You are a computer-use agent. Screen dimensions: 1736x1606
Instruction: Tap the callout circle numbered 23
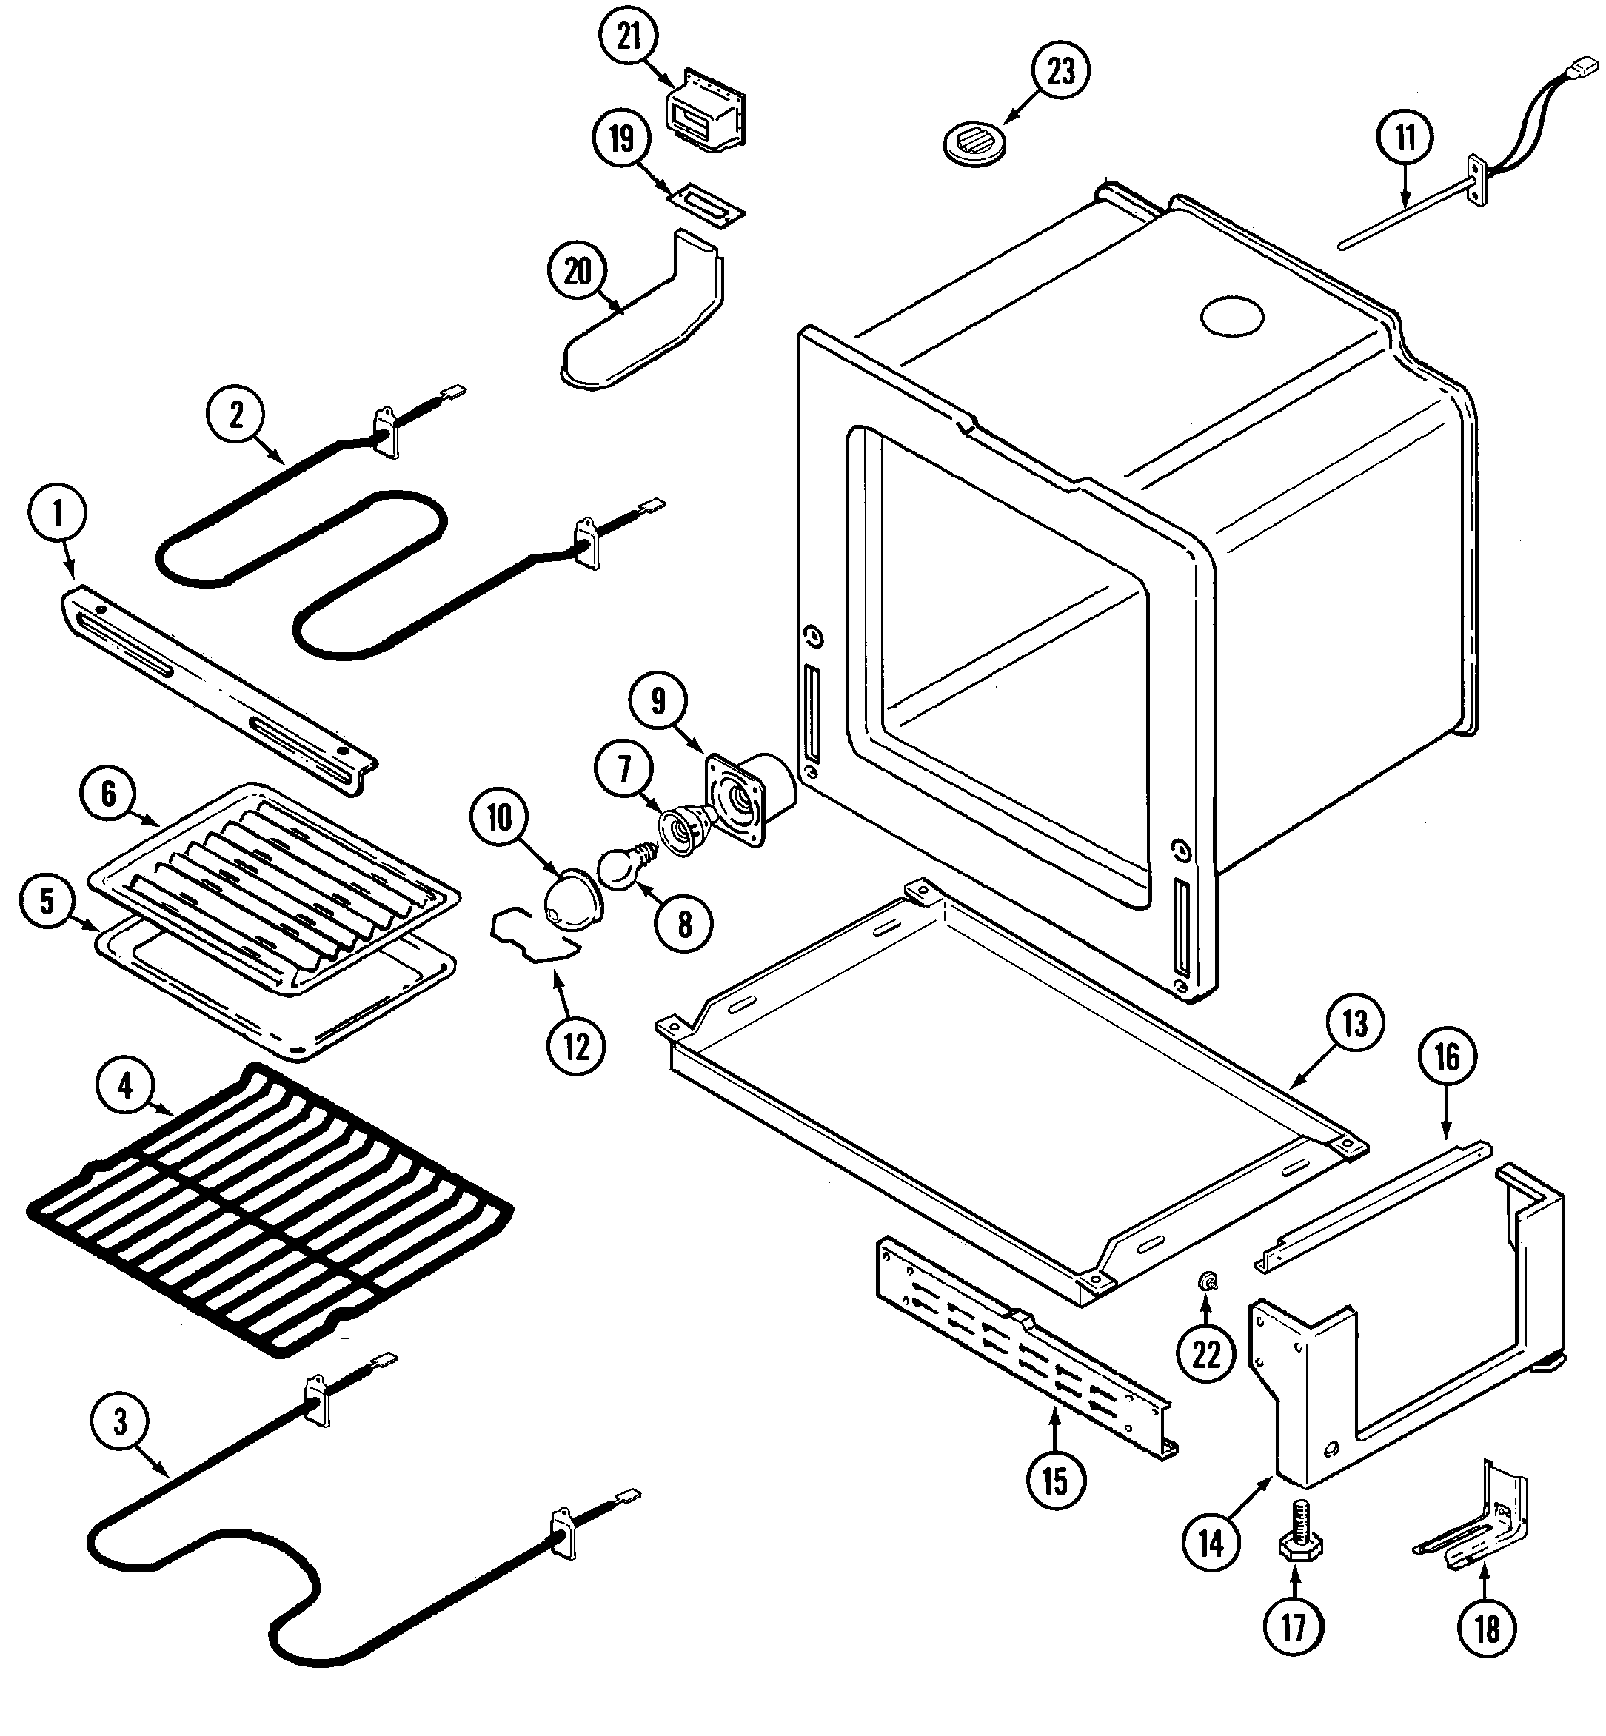point(1060,71)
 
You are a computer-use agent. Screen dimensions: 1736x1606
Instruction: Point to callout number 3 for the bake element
point(120,1422)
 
